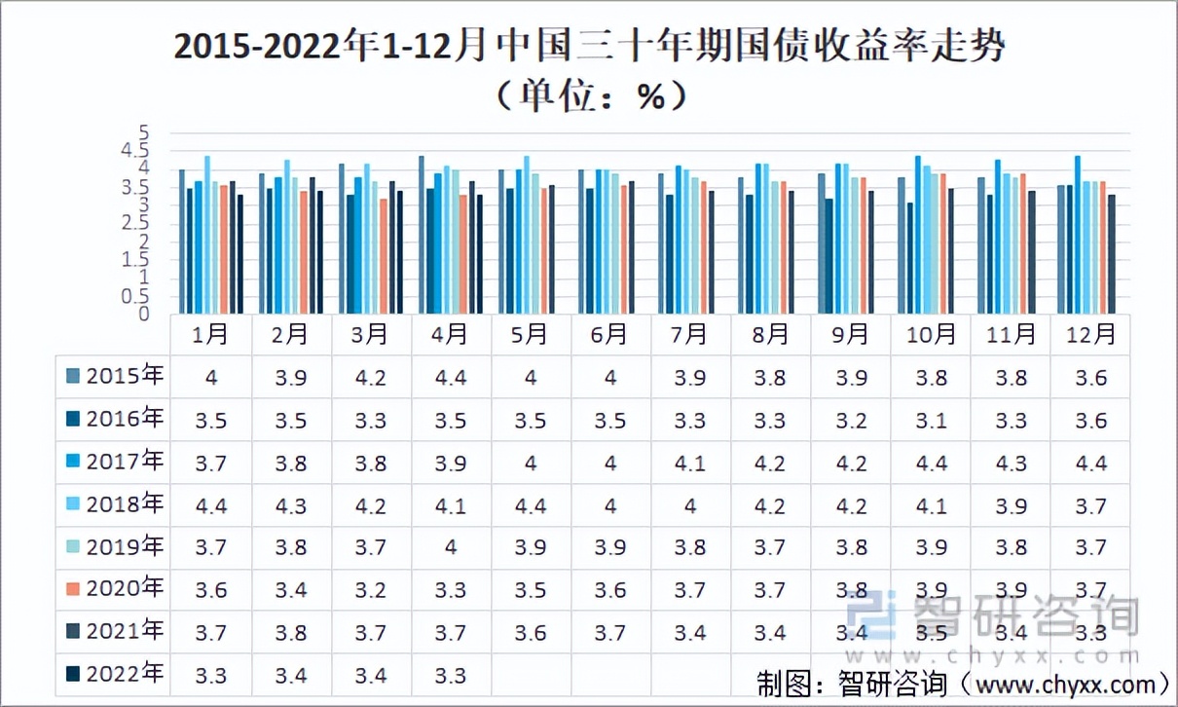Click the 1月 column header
click(210, 334)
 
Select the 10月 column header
click(931, 334)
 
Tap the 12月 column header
click(1091, 334)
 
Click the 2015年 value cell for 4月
click(451, 378)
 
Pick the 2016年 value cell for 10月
click(931, 421)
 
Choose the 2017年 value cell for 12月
click(1091, 464)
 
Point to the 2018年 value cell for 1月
click(210, 506)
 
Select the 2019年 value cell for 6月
click(610, 548)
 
